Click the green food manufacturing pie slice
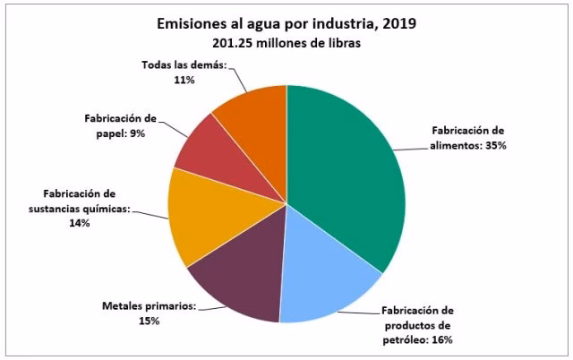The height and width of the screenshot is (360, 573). click(349, 170)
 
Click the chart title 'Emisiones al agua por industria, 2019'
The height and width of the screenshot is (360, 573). click(286, 24)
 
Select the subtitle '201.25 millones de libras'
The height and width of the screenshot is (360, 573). click(286, 45)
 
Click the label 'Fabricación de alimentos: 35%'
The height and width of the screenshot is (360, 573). click(469, 137)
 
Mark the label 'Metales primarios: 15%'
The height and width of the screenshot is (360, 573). click(149, 313)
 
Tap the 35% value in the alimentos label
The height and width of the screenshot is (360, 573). click(495, 144)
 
